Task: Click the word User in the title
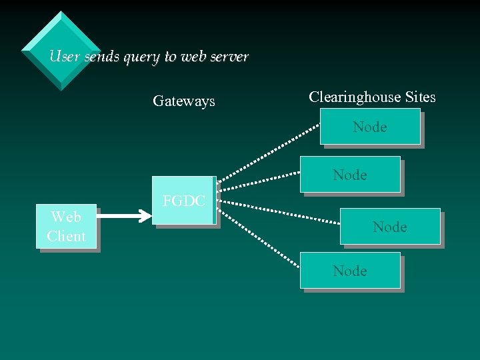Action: pos(64,57)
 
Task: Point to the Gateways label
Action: pos(184,101)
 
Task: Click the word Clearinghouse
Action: pos(354,97)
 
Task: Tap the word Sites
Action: pos(420,97)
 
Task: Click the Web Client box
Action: pos(66,227)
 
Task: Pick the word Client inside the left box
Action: pos(66,237)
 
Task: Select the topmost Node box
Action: pos(370,127)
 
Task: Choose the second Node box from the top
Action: pos(350,175)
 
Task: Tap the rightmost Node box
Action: pos(390,227)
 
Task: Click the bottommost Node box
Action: pos(350,271)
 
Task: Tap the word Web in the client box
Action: pos(66,217)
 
